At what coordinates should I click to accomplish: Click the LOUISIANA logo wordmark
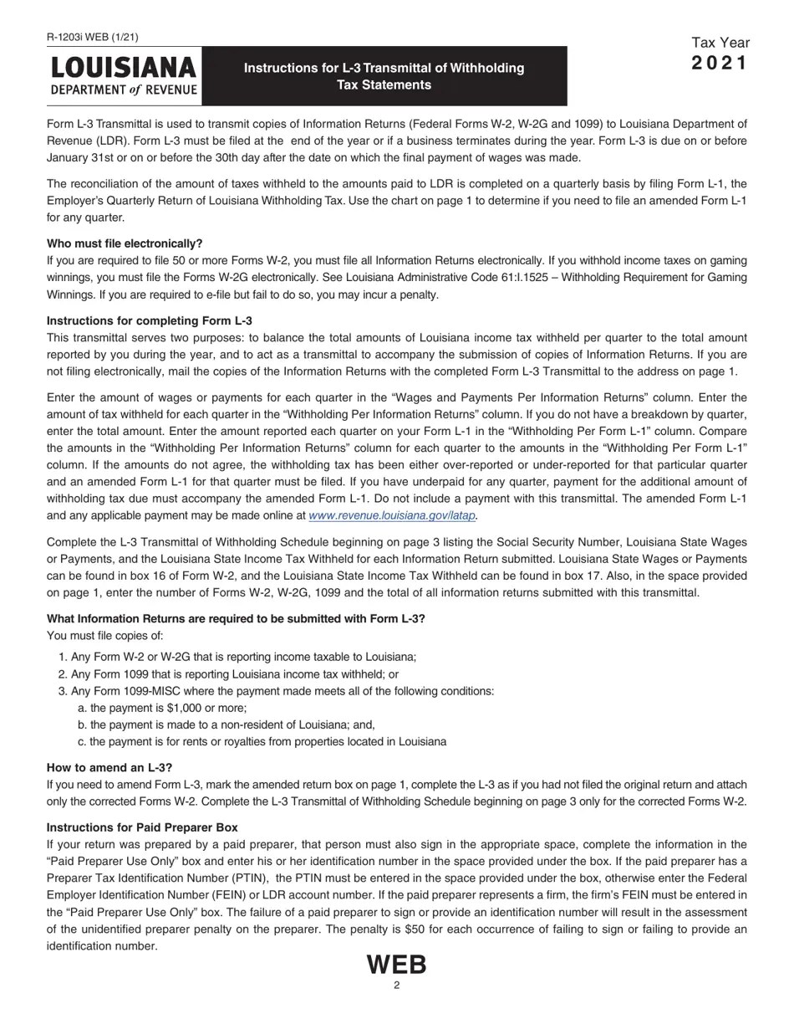click(124, 67)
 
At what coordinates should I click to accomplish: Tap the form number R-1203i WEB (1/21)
click(93, 37)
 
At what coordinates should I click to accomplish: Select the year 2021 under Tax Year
click(720, 64)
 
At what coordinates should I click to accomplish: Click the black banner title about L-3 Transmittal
click(384, 76)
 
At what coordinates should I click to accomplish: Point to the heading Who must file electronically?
click(125, 243)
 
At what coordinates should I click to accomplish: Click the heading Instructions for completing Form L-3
click(150, 320)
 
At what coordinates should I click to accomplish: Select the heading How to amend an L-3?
click(109, 767)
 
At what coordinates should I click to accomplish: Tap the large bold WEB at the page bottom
click(397, 965)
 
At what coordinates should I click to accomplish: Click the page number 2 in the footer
click(397, 985)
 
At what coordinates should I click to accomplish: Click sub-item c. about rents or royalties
click(261, 741)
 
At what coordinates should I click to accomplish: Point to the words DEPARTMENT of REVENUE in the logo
click(124, 90)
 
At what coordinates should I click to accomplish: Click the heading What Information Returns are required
click(236, 618)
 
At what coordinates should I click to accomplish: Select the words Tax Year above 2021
click(720, 43)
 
